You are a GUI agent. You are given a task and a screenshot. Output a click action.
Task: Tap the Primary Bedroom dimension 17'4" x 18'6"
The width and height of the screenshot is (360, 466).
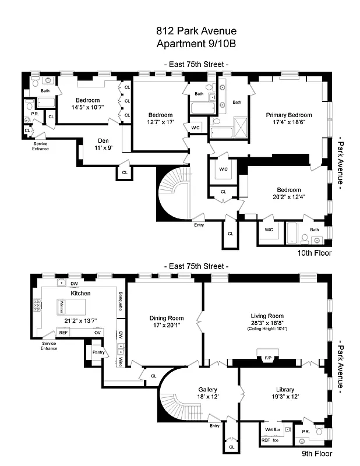coord(289,123)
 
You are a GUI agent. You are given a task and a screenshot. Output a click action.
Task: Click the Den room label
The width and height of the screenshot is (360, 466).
coord(103,140)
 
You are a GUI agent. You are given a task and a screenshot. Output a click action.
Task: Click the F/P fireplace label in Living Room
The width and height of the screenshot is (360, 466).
coord(268,357)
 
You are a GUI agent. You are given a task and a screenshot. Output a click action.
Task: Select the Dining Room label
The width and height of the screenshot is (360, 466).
coord(167,318)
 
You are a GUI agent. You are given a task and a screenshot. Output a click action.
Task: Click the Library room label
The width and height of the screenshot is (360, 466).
coord(285,390)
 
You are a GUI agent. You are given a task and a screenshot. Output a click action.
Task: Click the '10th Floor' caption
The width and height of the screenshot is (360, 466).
coord(315,253)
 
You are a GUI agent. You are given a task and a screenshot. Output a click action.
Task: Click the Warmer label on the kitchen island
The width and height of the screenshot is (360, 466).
coord(63,304)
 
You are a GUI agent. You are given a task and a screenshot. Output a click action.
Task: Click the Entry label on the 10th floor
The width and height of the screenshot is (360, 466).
coord(199,224)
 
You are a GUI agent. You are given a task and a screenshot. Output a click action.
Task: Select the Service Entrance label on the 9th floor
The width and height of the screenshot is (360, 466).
coord(49,346)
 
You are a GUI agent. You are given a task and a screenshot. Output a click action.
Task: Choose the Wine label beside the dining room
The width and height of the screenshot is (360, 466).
coord(121,361)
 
